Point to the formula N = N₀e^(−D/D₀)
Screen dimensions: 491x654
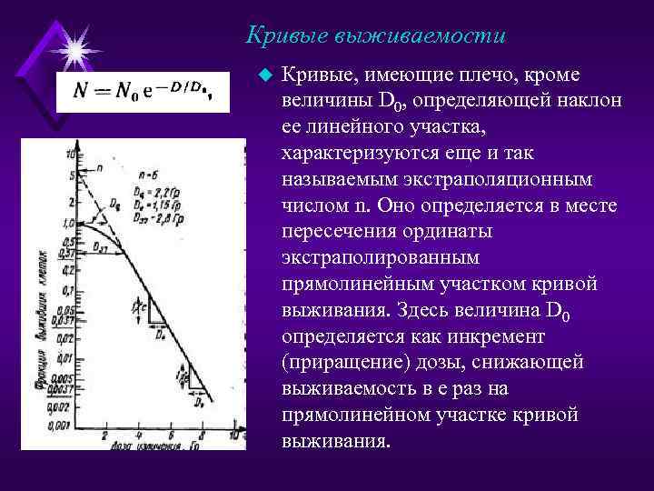point(142,92)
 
